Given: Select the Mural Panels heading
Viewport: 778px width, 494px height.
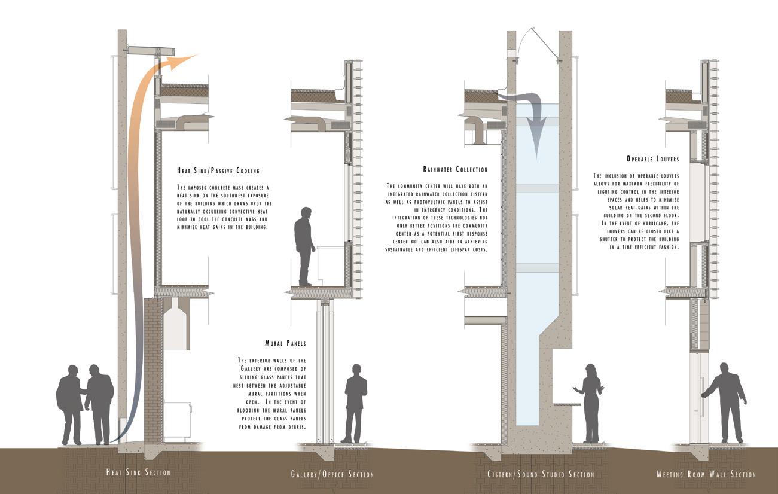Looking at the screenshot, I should [285, 344].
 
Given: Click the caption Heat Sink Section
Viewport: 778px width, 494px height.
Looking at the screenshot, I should [138, 473].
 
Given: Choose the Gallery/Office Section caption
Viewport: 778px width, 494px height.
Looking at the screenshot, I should [332, 475].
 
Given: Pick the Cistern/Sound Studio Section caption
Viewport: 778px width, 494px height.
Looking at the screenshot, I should [541, 475].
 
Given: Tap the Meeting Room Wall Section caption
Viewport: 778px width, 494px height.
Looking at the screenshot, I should [706, 475].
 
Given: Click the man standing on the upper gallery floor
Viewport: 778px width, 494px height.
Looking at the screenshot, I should [305, 245].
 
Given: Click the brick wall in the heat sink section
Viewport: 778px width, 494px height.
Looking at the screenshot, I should [153, 359].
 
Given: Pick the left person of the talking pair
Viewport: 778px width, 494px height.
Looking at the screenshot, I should [70, 404].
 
